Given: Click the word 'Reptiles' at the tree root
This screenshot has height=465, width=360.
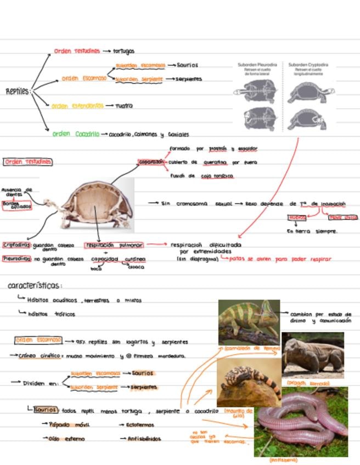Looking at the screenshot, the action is coord(18,92).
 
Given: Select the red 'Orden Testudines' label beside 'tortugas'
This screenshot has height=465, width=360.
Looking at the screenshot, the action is coord(77,51).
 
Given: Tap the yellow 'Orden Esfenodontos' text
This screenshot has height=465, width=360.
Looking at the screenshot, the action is coord(77,106).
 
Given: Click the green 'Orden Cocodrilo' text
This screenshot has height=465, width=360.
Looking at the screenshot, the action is coord(76,134).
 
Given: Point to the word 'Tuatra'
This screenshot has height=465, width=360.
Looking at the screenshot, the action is coord(123,106).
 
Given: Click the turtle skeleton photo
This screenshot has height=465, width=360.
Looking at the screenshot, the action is coord(97,203).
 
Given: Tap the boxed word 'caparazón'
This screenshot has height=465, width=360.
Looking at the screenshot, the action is coord(151,162).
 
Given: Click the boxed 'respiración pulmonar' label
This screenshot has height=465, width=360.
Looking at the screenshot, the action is coord(114,245).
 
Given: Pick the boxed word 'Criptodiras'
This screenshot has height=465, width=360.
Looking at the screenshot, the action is coord(16,245).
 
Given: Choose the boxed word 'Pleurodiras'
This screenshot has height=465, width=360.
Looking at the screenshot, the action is coord(16,258).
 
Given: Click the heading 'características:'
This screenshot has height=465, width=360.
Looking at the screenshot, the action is coord(35,286).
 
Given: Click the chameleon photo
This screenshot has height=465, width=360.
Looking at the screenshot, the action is coord(249,322).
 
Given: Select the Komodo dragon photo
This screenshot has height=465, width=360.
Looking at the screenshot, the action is coord(312,355).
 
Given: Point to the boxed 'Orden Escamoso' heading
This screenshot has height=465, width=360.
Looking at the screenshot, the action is coord(38,341).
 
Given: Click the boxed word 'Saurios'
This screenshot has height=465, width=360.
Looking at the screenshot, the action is coord(45,410).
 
